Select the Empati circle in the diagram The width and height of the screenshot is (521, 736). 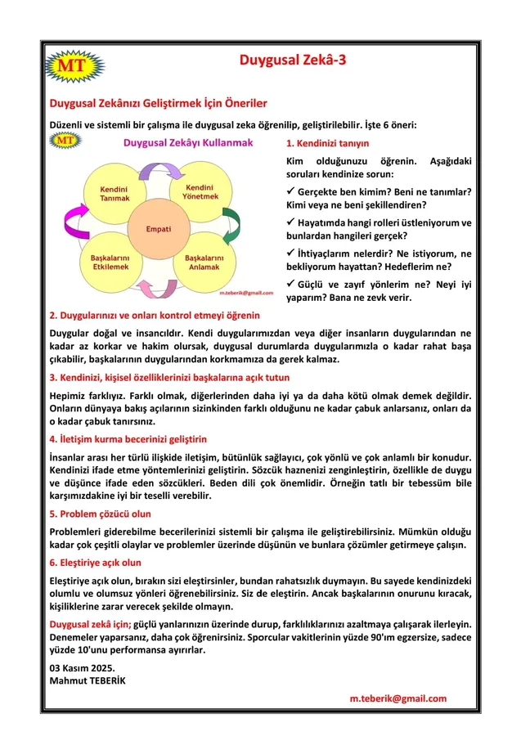tap(158, 228)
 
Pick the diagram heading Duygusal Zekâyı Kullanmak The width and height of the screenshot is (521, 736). tap(187, 142)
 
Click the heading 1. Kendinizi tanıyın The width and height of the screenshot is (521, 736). tap(328, 143)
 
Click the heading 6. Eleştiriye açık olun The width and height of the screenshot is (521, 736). tap(95, 563)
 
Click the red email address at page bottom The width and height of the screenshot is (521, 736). tap(397, 698)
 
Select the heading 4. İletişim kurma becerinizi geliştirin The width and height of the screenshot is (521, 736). tap(128, 438)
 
